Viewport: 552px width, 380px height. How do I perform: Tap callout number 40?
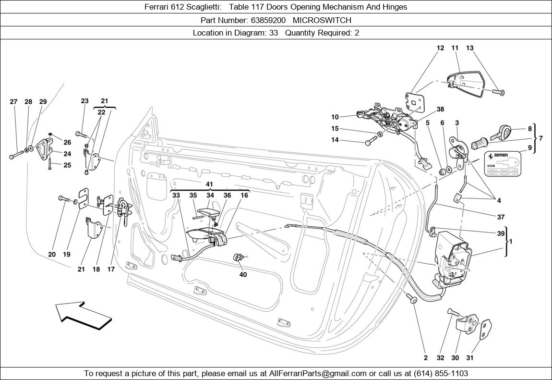(x=243, y=275)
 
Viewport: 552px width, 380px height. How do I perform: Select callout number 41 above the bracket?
(x=209, y=184)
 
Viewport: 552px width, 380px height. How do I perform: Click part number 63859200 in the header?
(x=268, y=20)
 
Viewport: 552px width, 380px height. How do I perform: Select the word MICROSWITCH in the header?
(x=322, y=20)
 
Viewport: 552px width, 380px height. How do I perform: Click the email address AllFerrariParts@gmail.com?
(x=318, y=373)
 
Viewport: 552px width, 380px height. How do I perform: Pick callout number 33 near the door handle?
(x=176, y=195)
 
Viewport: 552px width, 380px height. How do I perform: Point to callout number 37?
(x=501, y=217)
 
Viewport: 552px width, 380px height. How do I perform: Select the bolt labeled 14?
(x=371, y=142)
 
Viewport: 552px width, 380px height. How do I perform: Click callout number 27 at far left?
(x=13, y=102)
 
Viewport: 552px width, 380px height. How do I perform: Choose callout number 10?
(x=335, y=117)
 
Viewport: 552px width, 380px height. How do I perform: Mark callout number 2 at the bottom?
(x=426, y=358)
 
